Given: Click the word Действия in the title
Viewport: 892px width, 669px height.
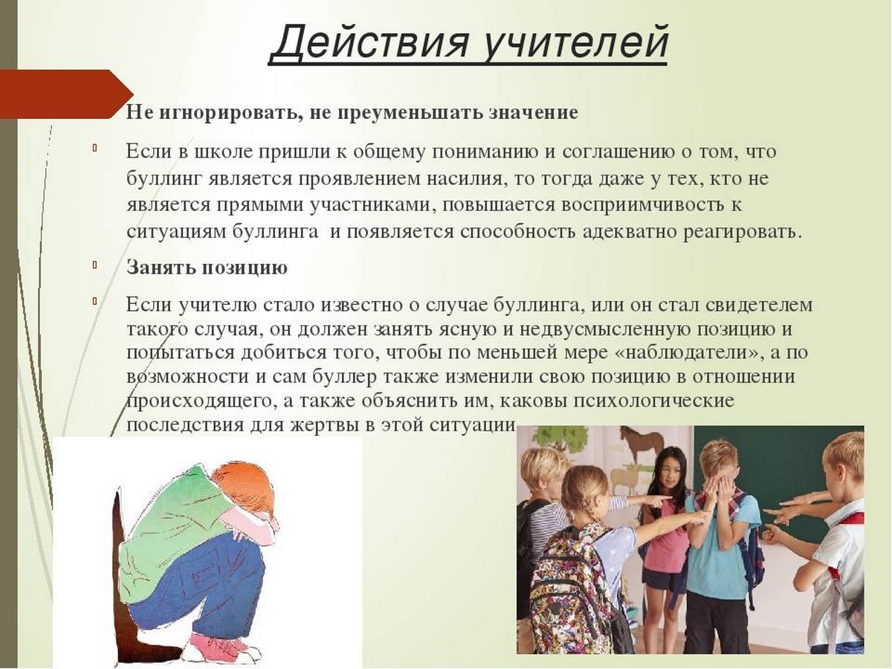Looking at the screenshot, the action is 369,42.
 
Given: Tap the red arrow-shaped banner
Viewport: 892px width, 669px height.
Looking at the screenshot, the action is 67,94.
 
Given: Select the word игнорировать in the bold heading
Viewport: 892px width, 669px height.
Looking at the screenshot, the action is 231,114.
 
